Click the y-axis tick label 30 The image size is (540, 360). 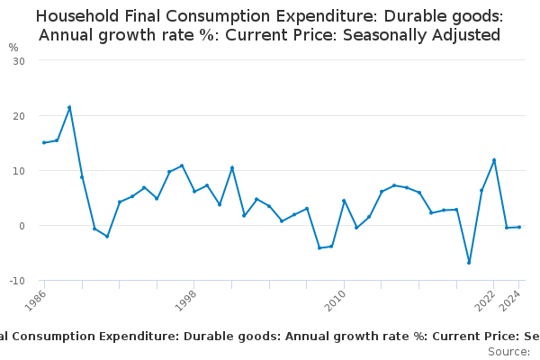(x=18, y=60)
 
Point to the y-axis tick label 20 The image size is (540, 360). (x=18, y=116)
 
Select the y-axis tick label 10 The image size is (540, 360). (x=18, y=171)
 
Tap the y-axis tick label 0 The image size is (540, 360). (x=21, y=226)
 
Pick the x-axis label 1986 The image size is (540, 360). (x=36, y=299)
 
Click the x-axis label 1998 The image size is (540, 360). (x=185, y=299)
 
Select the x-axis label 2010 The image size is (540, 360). (x=335, y=299)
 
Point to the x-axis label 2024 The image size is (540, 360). (x=510, y=299)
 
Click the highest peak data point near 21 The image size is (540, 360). (x=69, y=107)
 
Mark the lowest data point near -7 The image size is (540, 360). (x=469, y=263)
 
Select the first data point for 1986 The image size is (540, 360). (x=44, y=142)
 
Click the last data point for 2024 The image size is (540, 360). (x=519, y=227)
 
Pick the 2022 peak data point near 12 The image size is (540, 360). (x=494, y=160)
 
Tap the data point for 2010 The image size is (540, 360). (x=344, y=201)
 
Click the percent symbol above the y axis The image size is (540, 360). (x=13, y=47)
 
